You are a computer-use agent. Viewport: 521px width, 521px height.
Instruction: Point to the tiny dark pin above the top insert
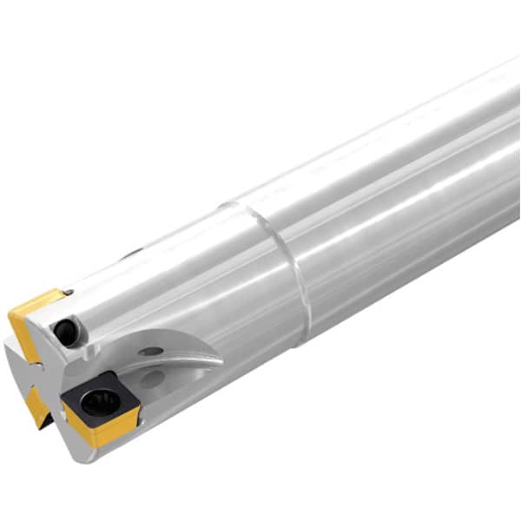69,293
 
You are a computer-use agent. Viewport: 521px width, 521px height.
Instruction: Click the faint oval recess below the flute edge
153,379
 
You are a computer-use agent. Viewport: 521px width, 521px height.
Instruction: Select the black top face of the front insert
82,386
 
